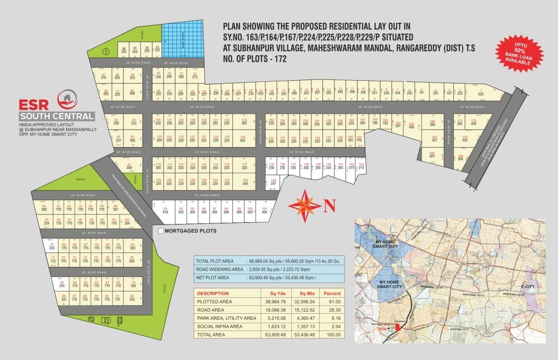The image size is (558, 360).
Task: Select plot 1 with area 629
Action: (481, 91)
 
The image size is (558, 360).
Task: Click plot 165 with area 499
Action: (412, 125)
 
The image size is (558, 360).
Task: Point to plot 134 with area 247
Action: (273, 182)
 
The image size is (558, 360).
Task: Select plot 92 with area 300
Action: (133, 297)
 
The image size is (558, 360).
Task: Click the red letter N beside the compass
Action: (329, 205)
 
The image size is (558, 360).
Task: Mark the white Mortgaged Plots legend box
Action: (161, 230)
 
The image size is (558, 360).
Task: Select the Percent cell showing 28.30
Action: (333, 309)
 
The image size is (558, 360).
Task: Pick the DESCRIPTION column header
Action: (213, 293)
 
